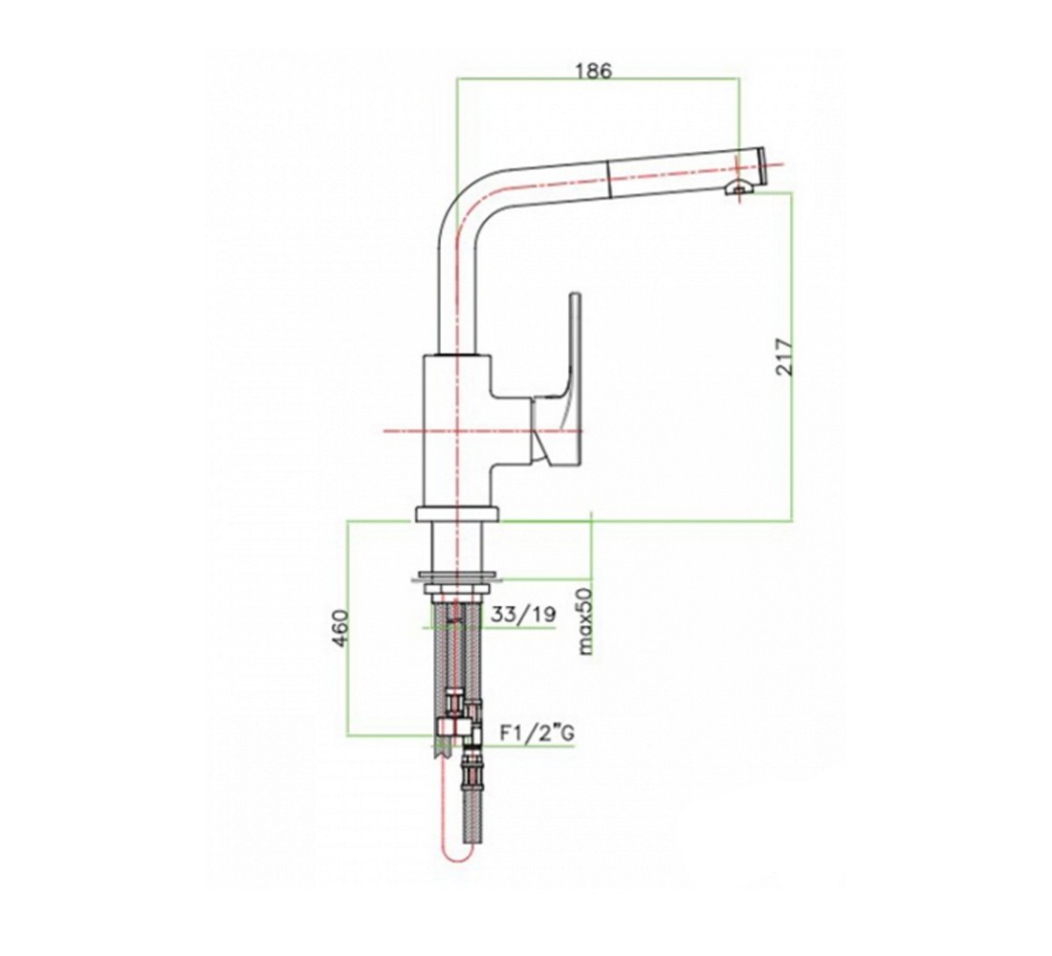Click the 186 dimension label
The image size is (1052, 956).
click(594, 71)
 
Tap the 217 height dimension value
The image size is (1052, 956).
click(784, 358)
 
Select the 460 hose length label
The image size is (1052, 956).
click(341, 628)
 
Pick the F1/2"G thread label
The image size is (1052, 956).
click(537, 733)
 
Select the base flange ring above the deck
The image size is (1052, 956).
click(457, 514)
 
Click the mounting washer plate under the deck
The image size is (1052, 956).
click(459, 575)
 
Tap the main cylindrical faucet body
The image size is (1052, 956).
click(457, 429)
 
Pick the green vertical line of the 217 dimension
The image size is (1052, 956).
click(792, 356)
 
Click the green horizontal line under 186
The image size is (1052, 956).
click(598, 79)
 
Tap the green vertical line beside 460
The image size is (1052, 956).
click(346, 628)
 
